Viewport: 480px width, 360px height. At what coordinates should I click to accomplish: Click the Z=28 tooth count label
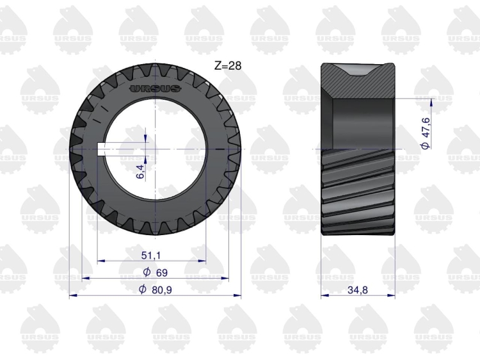click(x=228, y=65)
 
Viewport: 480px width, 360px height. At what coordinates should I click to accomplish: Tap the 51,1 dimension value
click(x=151, y=255)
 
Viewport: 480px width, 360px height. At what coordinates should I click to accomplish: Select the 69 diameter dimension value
click(x=162, y=272)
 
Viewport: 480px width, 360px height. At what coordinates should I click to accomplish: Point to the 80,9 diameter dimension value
click(x=162, y=290)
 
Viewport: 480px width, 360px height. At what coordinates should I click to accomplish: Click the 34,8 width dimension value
click(x=358, y=290)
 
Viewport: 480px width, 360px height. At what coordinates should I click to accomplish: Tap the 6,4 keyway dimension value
click(x=140, y=171)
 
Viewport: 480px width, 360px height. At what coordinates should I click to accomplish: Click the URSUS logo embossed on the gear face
click(x=156, y=88)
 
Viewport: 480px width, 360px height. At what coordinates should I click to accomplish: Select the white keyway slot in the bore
click(x=102, y=149)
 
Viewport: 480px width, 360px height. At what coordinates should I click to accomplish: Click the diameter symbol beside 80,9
click(x=142, y=289)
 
